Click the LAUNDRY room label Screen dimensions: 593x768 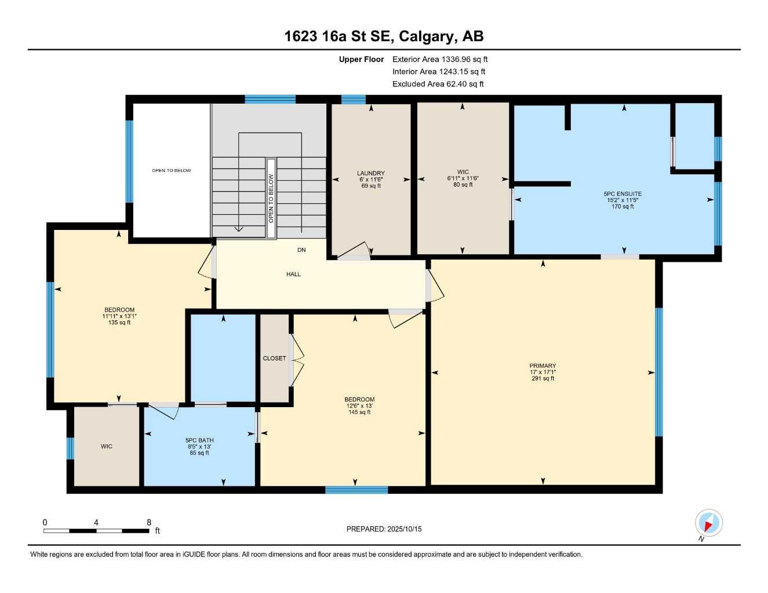point(370,173)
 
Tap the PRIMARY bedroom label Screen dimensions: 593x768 point(543,366)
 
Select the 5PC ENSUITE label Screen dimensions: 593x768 point(623,194)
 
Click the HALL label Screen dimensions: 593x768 point(293,274)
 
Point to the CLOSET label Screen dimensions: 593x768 point(274,358)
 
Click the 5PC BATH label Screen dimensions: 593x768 point(199,440)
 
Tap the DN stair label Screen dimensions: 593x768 point(301,250)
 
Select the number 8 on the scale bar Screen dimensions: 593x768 point(149,522)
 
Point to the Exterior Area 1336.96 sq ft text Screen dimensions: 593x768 point(440,59)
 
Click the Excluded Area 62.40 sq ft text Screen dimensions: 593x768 point(438,84)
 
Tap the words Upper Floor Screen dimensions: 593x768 point(361,59)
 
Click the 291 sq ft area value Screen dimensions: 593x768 point(543,379)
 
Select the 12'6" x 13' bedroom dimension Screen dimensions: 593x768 point(359,406)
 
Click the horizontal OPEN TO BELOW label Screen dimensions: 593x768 point(172,170)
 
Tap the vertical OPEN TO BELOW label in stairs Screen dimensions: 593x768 point(271,198)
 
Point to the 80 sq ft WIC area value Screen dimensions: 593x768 point(463,185)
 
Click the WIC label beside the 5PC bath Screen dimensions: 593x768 point(107,446)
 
